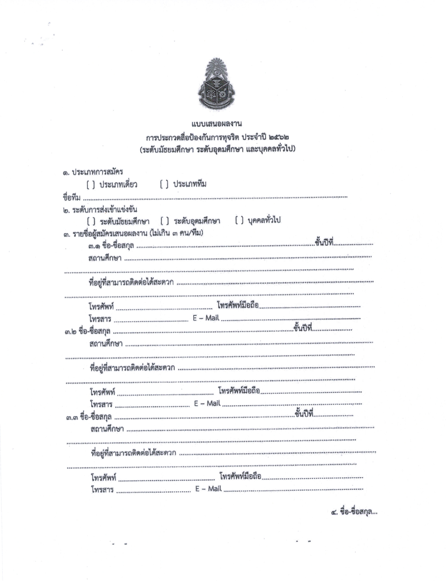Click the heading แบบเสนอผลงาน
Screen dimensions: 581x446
coord(216,124)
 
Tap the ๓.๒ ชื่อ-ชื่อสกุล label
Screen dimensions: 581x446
coord(88,332)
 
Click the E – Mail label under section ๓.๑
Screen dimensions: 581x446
coord(206,318)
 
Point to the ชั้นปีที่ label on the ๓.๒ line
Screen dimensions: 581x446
coord(303,329)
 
